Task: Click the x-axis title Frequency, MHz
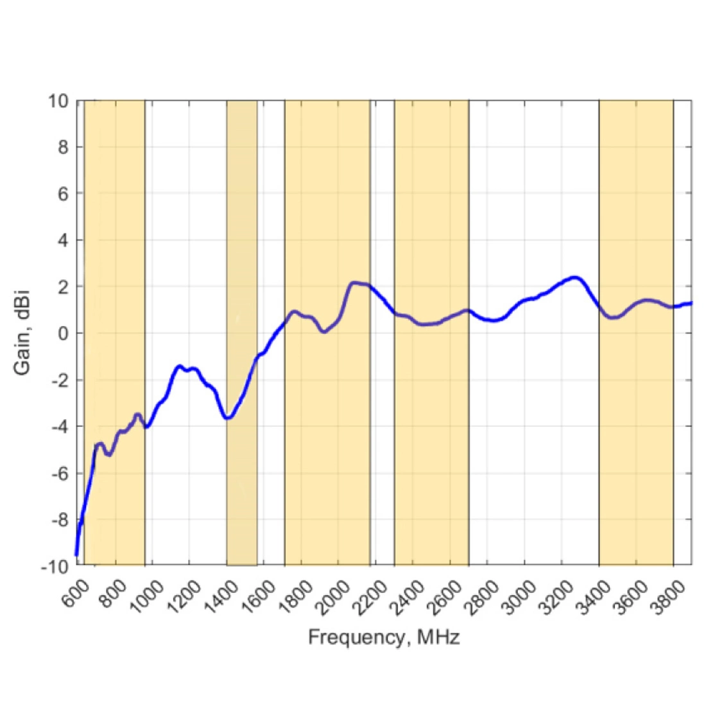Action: (x=384, y=637)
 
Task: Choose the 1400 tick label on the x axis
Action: (x=225, y=594)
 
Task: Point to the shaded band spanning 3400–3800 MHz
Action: (x=636, y=193)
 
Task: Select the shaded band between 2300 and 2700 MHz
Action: (x=431, y=193)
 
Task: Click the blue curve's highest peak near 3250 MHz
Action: (x=575, y=278)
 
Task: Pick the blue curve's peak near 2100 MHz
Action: (x=354, y=282)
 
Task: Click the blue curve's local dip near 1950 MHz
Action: (x=324, y=332)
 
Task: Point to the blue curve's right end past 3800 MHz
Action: (x=691, y=303)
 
